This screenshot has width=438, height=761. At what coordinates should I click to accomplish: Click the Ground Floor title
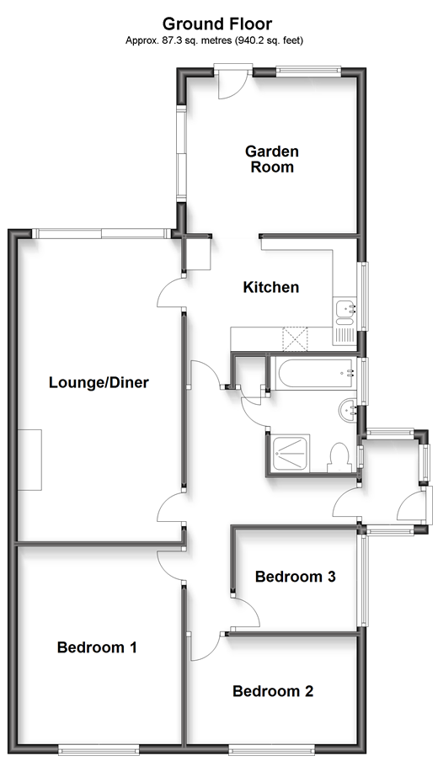[217, 24]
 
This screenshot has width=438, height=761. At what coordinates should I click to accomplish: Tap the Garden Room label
[272, 159]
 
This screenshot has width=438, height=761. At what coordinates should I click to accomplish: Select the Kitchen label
[271, 287]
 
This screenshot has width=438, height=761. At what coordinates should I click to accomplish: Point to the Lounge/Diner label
[99, 382]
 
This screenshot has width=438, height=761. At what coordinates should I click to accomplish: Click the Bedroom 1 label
[97, 647]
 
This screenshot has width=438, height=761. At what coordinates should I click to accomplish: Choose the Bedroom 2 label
[273, 691]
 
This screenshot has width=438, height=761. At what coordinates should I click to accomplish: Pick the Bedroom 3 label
[296, 577]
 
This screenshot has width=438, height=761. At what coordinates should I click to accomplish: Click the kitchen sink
[345, 321]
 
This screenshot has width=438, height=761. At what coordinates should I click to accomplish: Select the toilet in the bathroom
[339, 458]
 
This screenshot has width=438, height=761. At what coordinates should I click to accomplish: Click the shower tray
[290, 454]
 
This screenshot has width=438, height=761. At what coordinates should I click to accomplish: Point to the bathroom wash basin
[347, 411]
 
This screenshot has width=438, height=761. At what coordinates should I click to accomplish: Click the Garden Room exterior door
[232, 82]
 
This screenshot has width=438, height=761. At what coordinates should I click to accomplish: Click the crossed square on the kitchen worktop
[296, 338]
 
